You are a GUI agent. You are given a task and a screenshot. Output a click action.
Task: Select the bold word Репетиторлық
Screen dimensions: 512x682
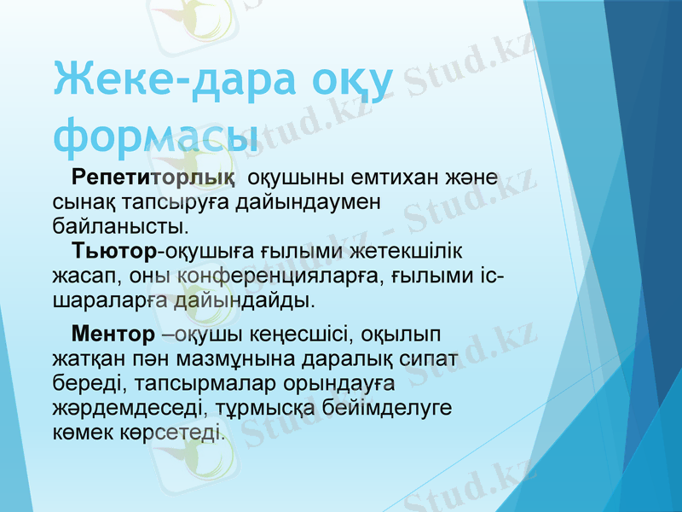point(153,177)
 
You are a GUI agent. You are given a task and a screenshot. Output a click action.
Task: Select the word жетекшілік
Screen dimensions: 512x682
point(412,251)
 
